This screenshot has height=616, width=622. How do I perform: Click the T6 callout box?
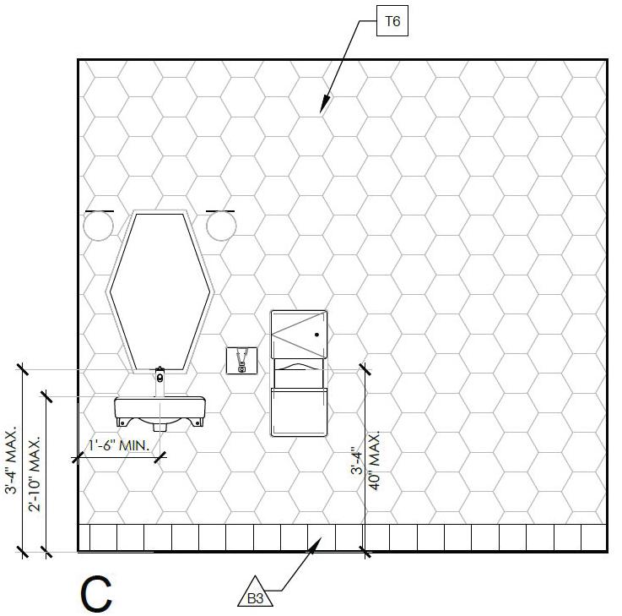[x=392, y=23]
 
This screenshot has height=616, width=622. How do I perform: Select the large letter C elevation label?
[x=96, y=594]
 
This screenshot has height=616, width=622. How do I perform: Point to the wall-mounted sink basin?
[x=160, y=411]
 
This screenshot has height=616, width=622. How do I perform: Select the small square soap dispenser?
[x=241, y=360]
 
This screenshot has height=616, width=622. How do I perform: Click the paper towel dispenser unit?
[x=298, y=373]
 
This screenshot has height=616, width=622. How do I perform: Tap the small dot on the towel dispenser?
[x=316, y=335]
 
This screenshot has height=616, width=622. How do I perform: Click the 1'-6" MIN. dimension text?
[x=119, y=445]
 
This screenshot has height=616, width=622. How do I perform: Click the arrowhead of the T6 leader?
[x=321, y=111]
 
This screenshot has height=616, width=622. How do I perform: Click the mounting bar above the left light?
[x=100, y=210]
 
